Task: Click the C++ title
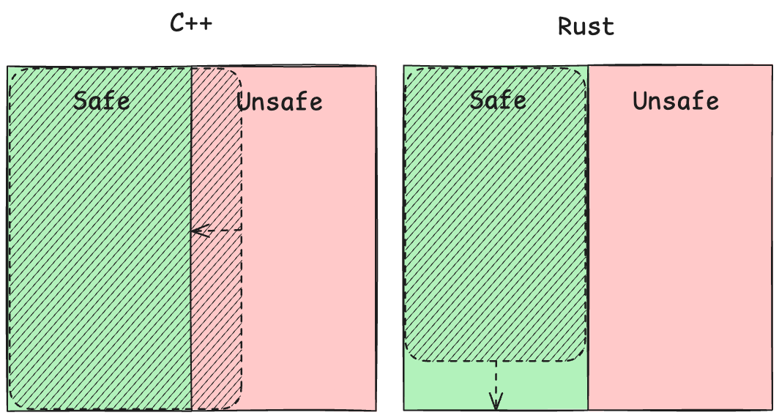coord(191,23)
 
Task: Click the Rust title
coord(586,26)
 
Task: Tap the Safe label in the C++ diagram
coord(102,101)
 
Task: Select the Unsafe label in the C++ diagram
coord(280,102)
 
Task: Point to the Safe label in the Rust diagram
coord(499,100)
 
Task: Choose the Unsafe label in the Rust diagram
coord(676,101)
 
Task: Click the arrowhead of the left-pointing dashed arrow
coord(198,231)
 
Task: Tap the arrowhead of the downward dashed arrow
coord(496,401)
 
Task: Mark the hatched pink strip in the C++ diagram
coord(217,239)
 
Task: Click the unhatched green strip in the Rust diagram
coord(496,386)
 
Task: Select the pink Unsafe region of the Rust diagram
coord(680,238)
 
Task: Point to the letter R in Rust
coord(565,26)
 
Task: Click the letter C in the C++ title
coord(177,23)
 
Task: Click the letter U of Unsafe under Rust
coord(640,102)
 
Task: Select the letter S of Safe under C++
coord(80,102)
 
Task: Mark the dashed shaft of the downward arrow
coord(496,378)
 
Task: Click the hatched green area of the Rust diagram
coord(496,214)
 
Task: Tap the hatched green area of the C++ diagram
coord(100,239)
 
